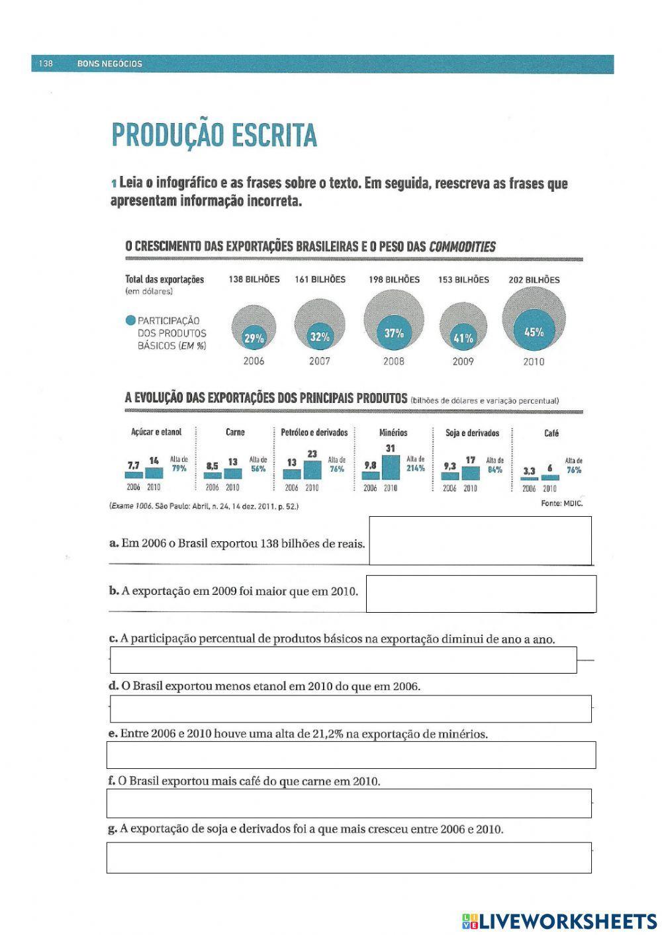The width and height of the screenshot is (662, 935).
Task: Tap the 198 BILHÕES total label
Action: [394, 280]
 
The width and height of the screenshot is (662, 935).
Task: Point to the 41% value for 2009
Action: [463, 338]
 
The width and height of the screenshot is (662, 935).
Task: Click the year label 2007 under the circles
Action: [319, 361]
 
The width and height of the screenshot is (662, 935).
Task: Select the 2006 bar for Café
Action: [529, 478]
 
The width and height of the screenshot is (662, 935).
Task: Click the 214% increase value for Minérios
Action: [416, 468]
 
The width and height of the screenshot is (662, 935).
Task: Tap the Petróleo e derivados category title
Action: [314, 433]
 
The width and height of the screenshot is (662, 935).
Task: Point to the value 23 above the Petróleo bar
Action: [312, 454]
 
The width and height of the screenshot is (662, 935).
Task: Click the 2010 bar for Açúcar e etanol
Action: [154, 472]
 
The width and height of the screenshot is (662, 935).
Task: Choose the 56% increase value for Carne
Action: [258, 468]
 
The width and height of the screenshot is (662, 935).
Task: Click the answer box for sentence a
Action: [480, 540]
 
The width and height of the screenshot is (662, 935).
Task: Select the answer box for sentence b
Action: [481, 594]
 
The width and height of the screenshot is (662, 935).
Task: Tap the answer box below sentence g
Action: [349, 858]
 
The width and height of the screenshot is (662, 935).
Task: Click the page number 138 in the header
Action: [45, 64]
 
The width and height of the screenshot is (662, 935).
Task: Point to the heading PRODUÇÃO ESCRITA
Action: [214, 136]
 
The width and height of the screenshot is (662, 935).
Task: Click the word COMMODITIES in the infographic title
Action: [462, 247]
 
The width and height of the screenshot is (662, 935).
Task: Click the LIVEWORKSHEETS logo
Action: [559, 920]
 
